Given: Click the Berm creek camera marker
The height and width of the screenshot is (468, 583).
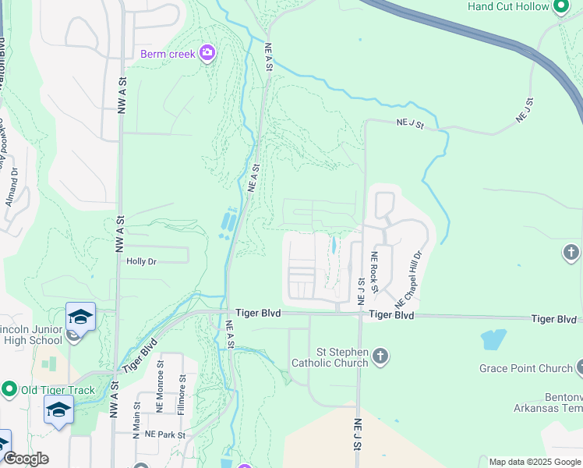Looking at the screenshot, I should pyautogui.click(x=207, y=53).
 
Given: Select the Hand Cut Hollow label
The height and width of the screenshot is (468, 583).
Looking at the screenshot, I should pyautogui.click(x=507, y=6).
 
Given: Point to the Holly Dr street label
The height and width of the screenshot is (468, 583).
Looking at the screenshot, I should pyautogui.click(x=142, y=262).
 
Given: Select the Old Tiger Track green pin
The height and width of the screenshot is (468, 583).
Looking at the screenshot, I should pyautogui.click(x=9, y=389).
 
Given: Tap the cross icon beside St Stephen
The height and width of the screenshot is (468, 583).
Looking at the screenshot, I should pyautogui.click(x=380, y=357).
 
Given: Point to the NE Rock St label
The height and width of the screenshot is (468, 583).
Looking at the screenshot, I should pyautogui.click(x=375, y=272).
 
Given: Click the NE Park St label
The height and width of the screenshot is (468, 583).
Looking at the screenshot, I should pyautogui.click(x=164, y=434).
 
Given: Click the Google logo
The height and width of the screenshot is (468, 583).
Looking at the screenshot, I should pyautogui.click(x=25, y=459).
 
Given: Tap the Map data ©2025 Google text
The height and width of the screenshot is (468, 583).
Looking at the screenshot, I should pyautogui.click(x=535, y=462).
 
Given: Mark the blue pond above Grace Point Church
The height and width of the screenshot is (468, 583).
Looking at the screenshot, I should pyautogui.click(x=493, y=339).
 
